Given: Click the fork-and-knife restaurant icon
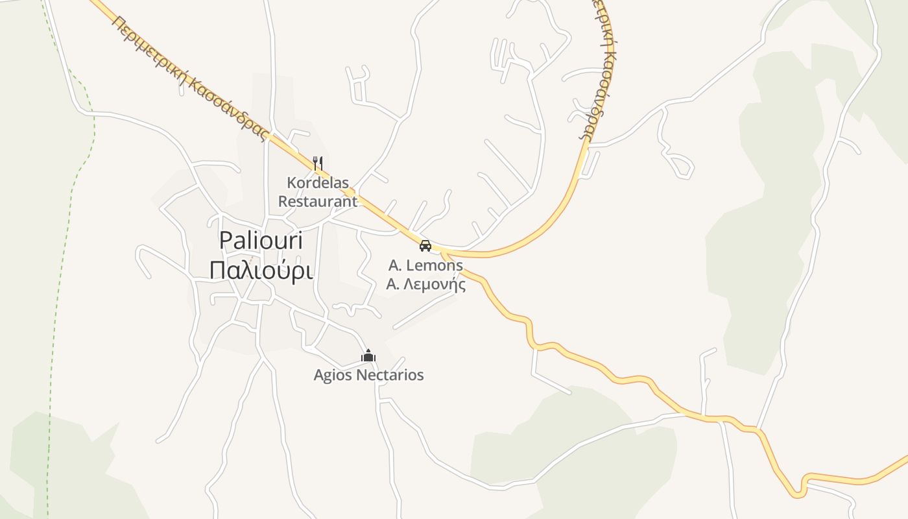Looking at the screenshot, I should (x=317, y=162).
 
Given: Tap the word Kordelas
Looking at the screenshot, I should (x=318, y=183).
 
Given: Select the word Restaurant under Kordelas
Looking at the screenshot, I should (x=318, y=201).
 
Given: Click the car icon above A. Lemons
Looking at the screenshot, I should (x=425, y=245).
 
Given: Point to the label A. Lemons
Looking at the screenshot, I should (x=425, y=265).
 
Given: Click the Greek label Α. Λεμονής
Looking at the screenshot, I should (x=425, y=284).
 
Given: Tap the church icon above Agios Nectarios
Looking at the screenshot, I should (x=368, y=356).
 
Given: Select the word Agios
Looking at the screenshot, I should (x=334, y=375).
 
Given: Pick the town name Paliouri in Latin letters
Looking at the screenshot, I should (x=261, y=240).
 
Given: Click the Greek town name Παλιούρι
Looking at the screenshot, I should (x=261, y=271).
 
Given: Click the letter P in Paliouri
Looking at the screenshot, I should (x=226, y=240).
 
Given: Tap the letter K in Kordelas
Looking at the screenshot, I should (x=291, y=183).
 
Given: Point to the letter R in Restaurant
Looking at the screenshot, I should (x=283, y=201).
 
